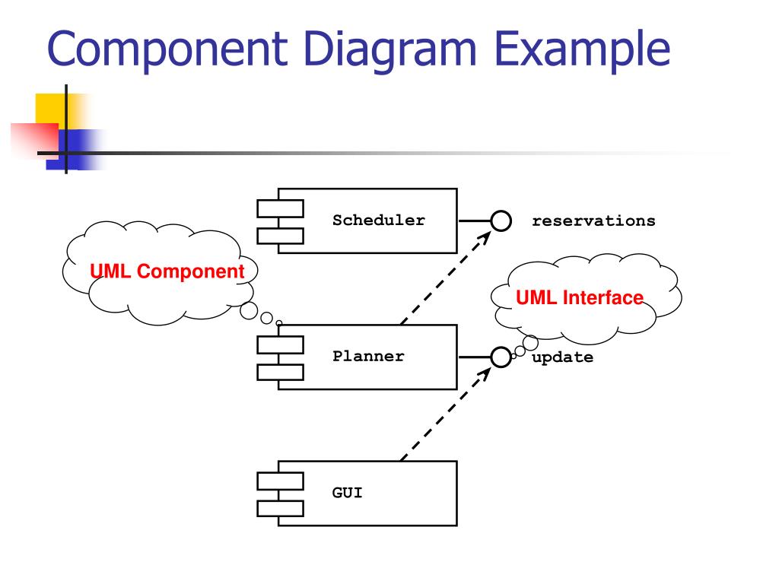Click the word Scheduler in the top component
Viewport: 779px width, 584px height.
tap(378, 221)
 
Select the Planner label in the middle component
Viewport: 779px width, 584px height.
tap(368, 356)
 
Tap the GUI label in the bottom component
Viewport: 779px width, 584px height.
tap(347, 493)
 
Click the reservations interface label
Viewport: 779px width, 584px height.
tap(593, 221)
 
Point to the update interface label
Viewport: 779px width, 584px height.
tap(562, 357)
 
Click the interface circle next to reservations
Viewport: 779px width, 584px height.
tap(500, 221)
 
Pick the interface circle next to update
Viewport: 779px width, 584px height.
tap(500, 356)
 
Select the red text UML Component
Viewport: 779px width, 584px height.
tap(167, 271)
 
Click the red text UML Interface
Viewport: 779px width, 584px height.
tap(580, 297)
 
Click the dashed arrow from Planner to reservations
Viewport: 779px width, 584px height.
tap(444, 278)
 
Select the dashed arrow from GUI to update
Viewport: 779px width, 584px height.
tap(444, 414)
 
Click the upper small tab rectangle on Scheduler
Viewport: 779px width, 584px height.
tap(280, 208)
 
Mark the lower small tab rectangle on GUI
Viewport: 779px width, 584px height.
tap(280, 507)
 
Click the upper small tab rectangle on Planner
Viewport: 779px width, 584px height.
tap(280, 344)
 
